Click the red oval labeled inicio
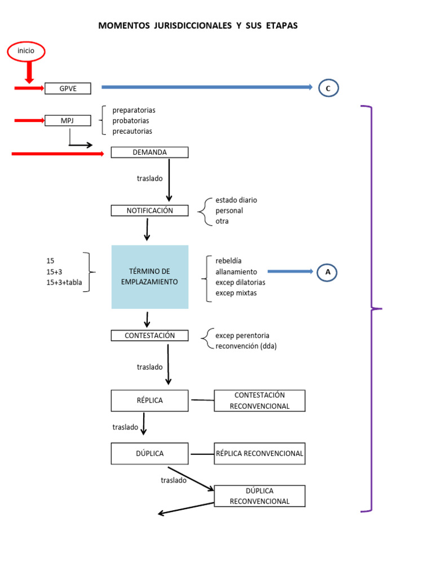coord(26,51)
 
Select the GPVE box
coord(68,88)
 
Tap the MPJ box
coord(68,120)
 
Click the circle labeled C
coord(329,88)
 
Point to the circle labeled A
coord(328,272)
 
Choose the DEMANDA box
coord(149,152)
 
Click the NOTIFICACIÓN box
coord(149,211)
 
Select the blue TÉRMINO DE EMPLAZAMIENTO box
coord(149,277)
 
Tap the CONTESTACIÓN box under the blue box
coord(149,336)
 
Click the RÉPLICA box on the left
coord(149,400)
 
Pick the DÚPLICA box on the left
coord(149,453)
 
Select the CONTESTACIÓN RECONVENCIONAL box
coord(259,400)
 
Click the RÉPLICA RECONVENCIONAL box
coord(259,453)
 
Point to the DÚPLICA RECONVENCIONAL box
coord(259,496)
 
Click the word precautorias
coord(132,131)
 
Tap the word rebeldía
coord(228,261)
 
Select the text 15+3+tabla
coord(64,283)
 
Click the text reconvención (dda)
coord(246,346)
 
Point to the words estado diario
coord(236,200)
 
